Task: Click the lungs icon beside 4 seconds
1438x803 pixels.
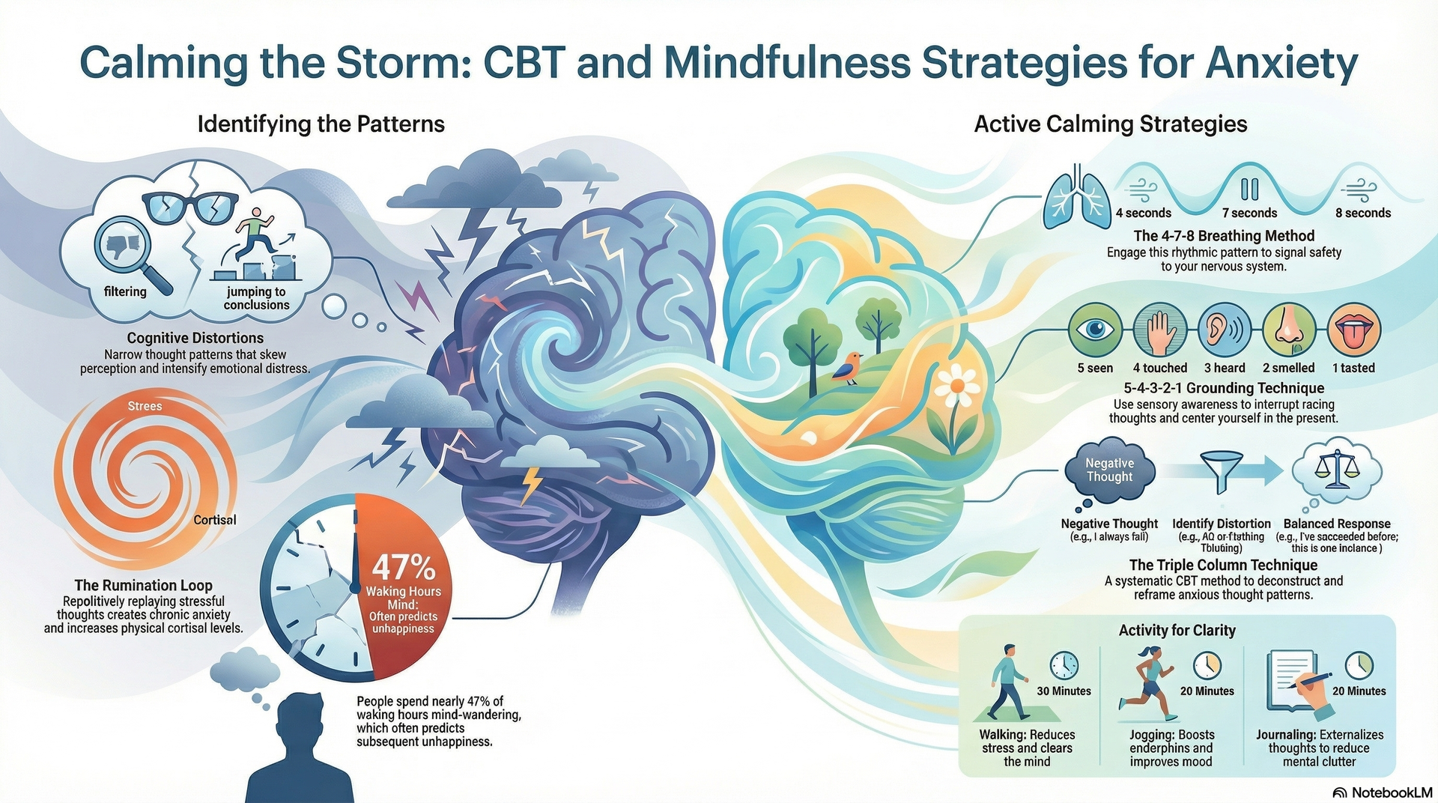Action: coord(1078,196)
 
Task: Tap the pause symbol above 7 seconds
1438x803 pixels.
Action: coord(1249,188)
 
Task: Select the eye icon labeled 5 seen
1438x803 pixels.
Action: coord(1095,330)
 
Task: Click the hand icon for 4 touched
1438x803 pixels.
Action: coord(1159,330)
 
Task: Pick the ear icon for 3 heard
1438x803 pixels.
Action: coord(1224,330)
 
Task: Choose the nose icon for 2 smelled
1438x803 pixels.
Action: coord(1288,330)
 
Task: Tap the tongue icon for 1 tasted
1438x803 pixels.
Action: coord(1353,330)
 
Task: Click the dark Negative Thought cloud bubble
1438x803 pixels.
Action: coord(1109,470)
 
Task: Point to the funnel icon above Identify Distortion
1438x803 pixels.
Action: coord(1221,470)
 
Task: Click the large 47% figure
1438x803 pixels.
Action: coord(403,567)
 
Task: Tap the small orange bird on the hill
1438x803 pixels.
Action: coord(847,367)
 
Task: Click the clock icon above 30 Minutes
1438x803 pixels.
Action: coord(1064,664)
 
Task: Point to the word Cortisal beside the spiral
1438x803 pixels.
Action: coord(214,520)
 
